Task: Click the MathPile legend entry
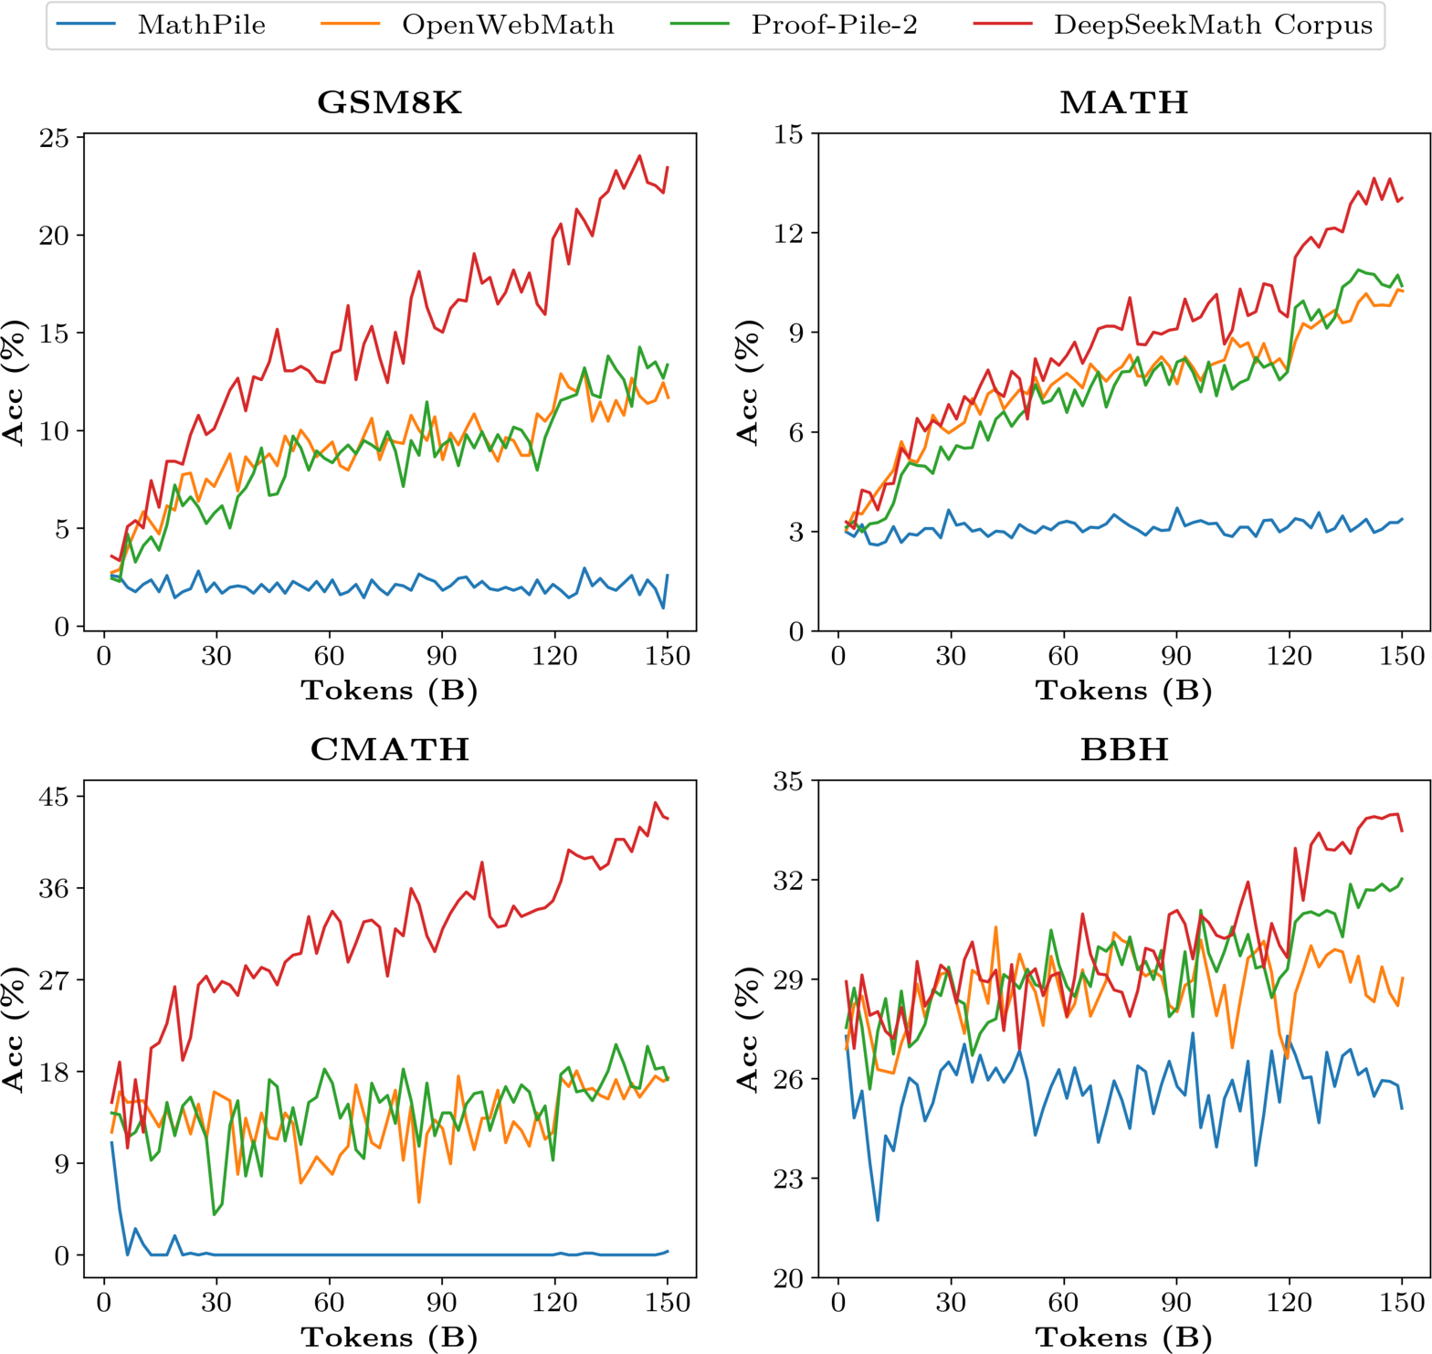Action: [x=201, y=25]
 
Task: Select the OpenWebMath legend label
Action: [x=508, y=25]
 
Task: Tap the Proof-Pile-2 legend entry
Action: [x=834, y=25]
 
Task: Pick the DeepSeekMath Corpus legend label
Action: [x=1213, y=25]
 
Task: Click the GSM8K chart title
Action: [x=390, y=102]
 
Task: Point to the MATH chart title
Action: [x=1124, y=102]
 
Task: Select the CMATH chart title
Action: [x=390, y=749]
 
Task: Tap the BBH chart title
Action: [x=1124, y=749]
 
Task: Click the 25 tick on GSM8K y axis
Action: [x=54, y=138]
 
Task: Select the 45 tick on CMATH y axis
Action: [x=54, y=797]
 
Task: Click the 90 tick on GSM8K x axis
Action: [x=442, y=657]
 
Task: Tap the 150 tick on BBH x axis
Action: [x=1402, y=1304]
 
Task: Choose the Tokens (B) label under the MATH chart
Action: [x=1124, y=691]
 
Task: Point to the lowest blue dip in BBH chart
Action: [x=878, y=1220]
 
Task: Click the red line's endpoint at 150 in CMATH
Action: [x=668, y=819]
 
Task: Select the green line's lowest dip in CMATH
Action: [x=215, y=1214]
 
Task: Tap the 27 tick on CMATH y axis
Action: [x=54, y=980]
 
